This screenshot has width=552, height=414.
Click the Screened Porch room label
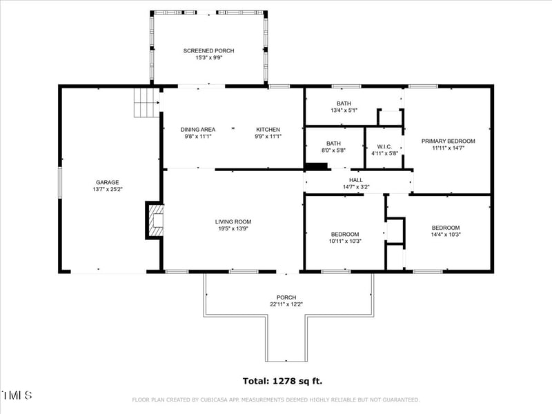pos(208,50)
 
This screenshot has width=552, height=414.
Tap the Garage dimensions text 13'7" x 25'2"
pos(108,189)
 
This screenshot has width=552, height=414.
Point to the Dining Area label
pos(198,129)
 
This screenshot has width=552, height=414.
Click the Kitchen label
pos(268,129)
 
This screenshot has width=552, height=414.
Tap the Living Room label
pos(233,221)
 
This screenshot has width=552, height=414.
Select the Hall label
pos(355,180)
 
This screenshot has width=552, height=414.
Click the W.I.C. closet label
pos(384,146)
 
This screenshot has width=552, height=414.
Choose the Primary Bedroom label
pos(448,141)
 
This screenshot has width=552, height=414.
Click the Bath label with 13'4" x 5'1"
pos(343,103)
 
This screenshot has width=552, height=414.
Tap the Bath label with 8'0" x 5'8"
pos(333,144)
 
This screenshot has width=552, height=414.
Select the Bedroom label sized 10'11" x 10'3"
pos(345,234)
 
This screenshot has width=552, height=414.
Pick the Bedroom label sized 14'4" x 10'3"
pos(445,228)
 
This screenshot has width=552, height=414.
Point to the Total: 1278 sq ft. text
pos(282,380)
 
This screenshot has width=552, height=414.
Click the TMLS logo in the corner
pos(17,395)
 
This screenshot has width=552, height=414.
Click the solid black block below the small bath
pos(316,166)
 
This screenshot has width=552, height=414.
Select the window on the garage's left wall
pos(59,183)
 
